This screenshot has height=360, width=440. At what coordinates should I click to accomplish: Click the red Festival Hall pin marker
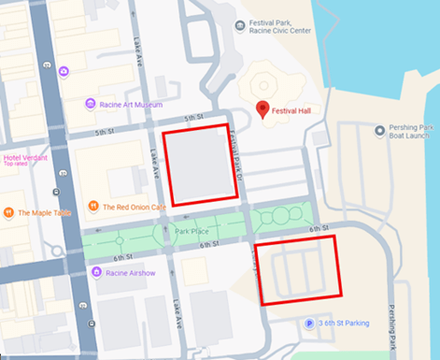pyautogui.click(x=263, y=108)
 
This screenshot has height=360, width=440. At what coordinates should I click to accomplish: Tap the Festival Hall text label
pyautogui.click(x=291, y=111)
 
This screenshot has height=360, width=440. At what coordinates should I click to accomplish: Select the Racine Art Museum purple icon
pyautogui.click(x=90, y=104)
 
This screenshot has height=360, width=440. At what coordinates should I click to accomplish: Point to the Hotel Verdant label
pyautogui.click(x=24, y=157)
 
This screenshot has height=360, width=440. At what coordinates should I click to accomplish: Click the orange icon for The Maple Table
pyautogui.click(x=9, y=212)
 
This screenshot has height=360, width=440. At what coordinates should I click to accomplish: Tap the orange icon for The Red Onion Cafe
pyautogui.click(x=92, y=207)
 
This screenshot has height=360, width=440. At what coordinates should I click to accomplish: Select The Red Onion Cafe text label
pyautogui.click(x=135, y=207)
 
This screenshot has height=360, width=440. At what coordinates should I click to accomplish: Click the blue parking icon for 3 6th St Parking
pyautogui.click(x=310, y=324)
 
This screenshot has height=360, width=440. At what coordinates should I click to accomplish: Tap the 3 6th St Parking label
pyautogui.click(x=345, y=324)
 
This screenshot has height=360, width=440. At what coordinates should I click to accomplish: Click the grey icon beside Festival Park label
pyautogui.click(x=239, y=23)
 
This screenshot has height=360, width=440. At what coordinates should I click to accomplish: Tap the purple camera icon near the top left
pyautogui.click(x=64, y=71)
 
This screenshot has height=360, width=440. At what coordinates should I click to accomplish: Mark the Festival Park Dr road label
pyautogui.click(x=237, y=154)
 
